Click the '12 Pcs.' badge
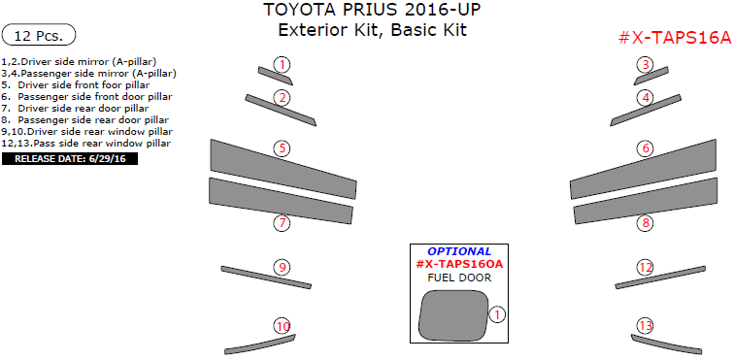coord(39,36)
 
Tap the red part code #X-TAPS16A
coord(674,37)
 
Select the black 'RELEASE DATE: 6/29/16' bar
coord(70,158)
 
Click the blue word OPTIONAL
coord(459,251)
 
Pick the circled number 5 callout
coord(282,148)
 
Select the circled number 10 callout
coord(282,326)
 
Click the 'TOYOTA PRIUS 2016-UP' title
coord(372,11)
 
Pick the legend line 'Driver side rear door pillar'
coord(89,108)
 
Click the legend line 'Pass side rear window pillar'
coord(87,143)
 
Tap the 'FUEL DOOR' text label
coord(459,278)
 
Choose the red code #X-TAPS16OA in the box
coord(459,264)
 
